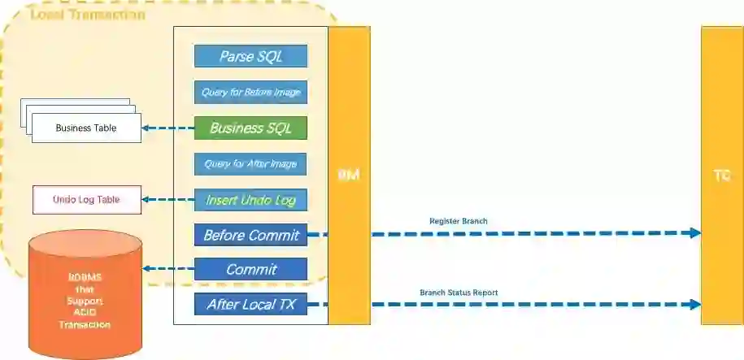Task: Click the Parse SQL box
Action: [250, 56]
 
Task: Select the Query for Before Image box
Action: [250, 92]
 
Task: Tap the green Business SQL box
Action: [250, 128]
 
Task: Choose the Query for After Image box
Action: [250, 163]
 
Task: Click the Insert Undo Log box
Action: [250, 200]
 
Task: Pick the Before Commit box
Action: [250, 236]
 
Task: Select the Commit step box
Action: [250, 269]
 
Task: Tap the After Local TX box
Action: [250, 305]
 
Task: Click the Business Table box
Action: [86, 128]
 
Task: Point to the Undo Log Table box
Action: [86, 200]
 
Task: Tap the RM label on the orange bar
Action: [349, 176]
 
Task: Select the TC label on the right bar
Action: [722, 176]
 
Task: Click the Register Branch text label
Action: [458, 221]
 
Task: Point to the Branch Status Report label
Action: [459, 292]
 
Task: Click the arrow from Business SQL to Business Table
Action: [168, 128]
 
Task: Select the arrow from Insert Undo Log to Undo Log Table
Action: [168, 199]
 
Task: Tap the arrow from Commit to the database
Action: [168, 269]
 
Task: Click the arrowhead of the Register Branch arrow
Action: [695, 233]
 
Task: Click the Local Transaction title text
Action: [87, 15]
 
